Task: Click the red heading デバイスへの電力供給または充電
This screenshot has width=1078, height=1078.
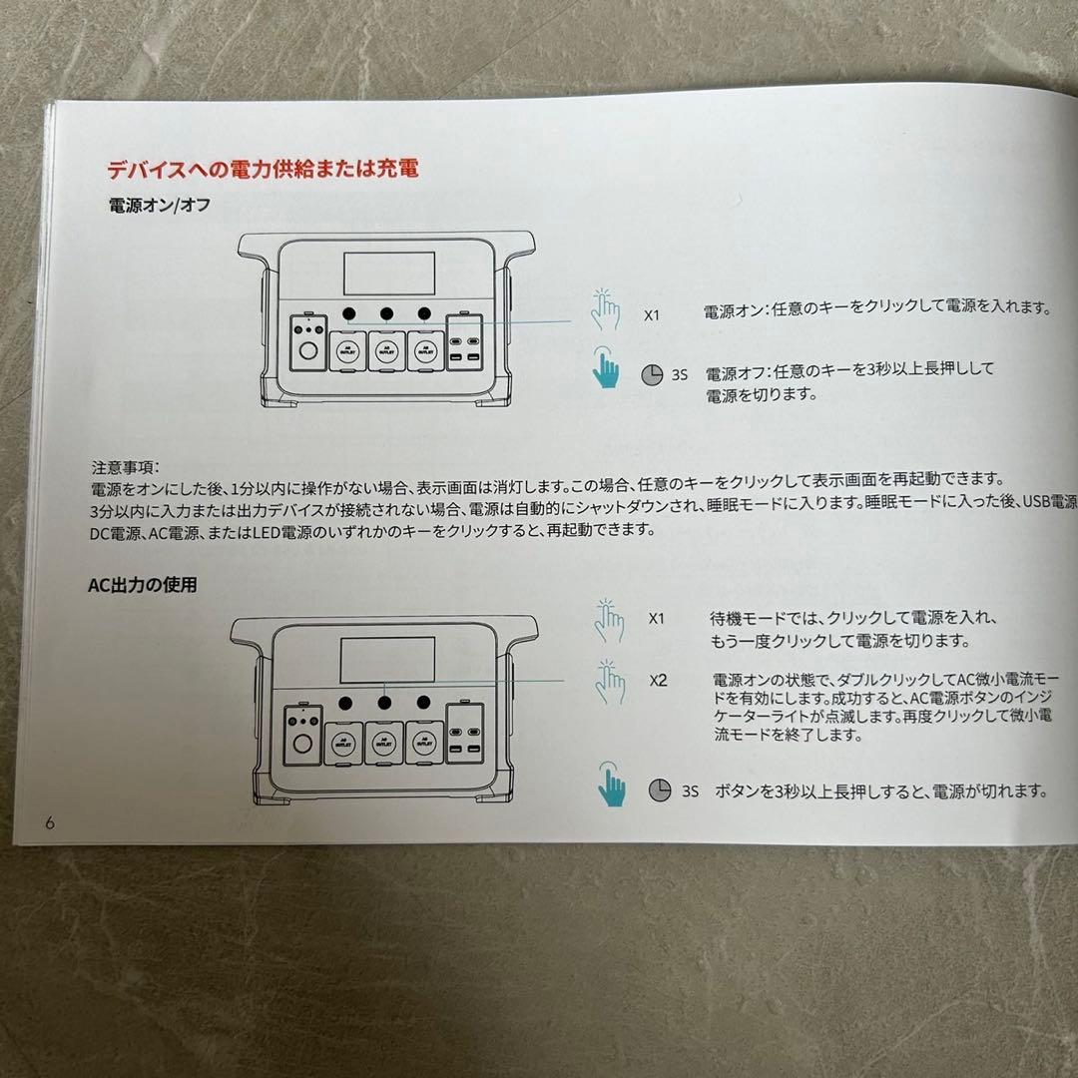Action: (263, 168)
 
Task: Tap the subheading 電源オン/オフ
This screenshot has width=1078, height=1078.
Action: (159, 206)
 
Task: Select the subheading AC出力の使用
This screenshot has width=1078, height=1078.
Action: (142, 585)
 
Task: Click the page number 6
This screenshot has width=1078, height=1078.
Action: (49, 822)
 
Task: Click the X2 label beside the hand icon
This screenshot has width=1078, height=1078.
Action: (658, 681)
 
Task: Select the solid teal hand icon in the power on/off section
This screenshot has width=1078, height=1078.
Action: (605, 367)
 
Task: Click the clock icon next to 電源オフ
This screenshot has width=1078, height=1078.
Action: (651, 374)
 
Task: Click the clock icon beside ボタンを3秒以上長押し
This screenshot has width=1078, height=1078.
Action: (659, 791)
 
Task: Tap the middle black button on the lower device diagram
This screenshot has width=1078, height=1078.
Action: (384, 702)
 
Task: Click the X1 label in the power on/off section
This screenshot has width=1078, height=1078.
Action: (652, 314)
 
